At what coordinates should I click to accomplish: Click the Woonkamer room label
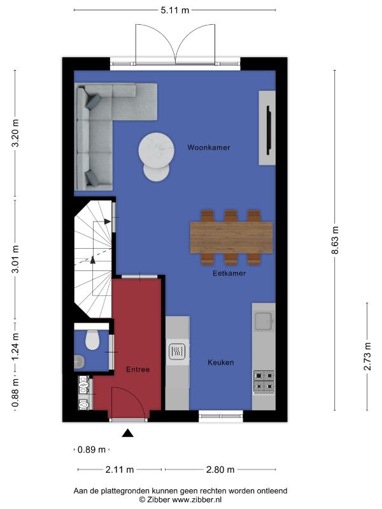(x=209, y=148)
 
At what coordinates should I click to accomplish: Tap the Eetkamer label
(x=229, y=274)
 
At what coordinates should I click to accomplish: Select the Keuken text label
(x=220, y=362)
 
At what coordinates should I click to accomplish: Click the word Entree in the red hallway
(x=138, y=370)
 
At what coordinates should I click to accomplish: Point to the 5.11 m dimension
(x=174, y=10)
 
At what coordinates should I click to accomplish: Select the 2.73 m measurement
(x=367, y=356)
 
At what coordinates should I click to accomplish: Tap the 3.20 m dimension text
(x=15, y=133)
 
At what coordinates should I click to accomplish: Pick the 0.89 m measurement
(x=92, y=450)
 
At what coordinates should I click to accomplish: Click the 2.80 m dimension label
(x=220, y=470)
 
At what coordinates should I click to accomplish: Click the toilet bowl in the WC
(x=92, y=340)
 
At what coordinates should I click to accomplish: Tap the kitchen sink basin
(x=264, y=321)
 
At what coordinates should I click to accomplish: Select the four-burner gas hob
(x=264, y=381)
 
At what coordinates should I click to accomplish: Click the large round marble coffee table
(x=156, y=150)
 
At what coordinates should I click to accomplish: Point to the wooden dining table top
(x=231, y=237)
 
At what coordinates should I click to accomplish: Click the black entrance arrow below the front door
(x=128, y=433)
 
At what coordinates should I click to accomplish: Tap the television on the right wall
(x=269, y=130)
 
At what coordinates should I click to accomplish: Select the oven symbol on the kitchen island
(x=177, y=351)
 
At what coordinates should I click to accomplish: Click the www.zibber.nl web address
(x=197, y=499)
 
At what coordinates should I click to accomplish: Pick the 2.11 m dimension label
(x=120, y=470)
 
